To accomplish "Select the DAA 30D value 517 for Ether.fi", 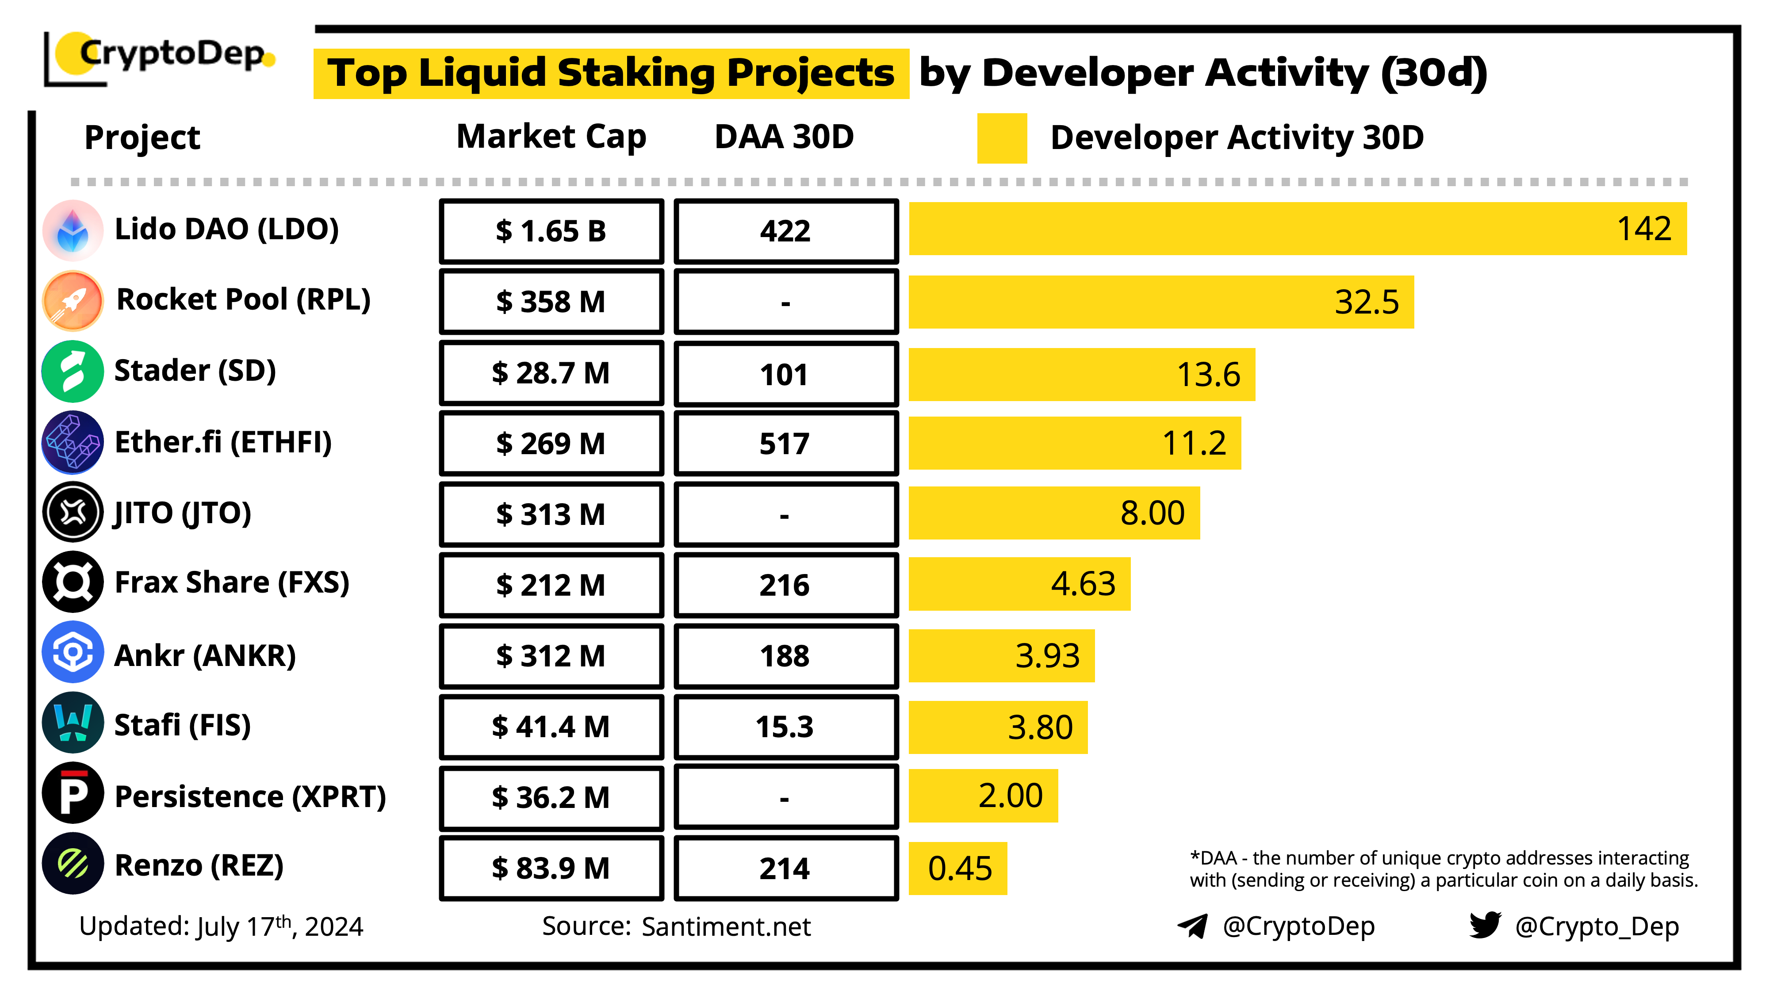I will tap(785, 444).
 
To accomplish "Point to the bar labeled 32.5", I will tap(1160, 302).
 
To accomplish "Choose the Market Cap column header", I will tap(551, 137).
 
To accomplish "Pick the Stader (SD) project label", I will tap(195, 371).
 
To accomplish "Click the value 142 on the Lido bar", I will tap(1643, 229).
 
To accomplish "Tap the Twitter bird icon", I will tap(1485, 925).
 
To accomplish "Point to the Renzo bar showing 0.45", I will tap(958, 869).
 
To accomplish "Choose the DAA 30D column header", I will tap(784, 137).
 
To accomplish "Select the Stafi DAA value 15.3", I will tap(785, 727).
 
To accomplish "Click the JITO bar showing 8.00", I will tap(1054, 513).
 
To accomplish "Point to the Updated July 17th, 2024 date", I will tap(221, 927).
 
